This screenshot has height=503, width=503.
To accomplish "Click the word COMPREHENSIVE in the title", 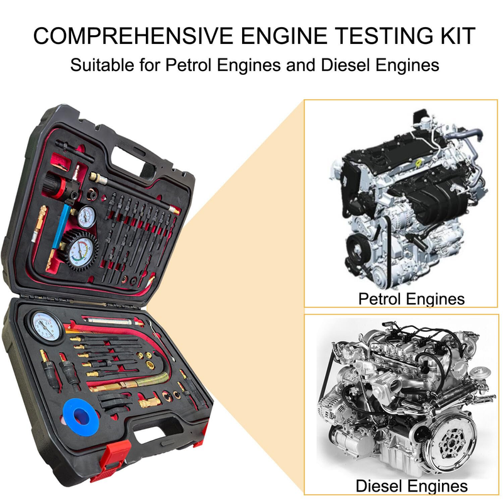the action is coord(133,36).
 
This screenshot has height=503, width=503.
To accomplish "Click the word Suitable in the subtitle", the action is coord(102,65).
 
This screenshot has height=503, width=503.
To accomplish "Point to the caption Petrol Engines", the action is coord(411,299).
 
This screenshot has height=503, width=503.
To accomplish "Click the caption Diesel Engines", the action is coord(412,485).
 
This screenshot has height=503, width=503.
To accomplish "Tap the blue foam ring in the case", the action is coord(81,417).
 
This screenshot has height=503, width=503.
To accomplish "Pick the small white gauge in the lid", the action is coord(87,216).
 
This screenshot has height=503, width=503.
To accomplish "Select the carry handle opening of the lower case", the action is coord(149,435).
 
